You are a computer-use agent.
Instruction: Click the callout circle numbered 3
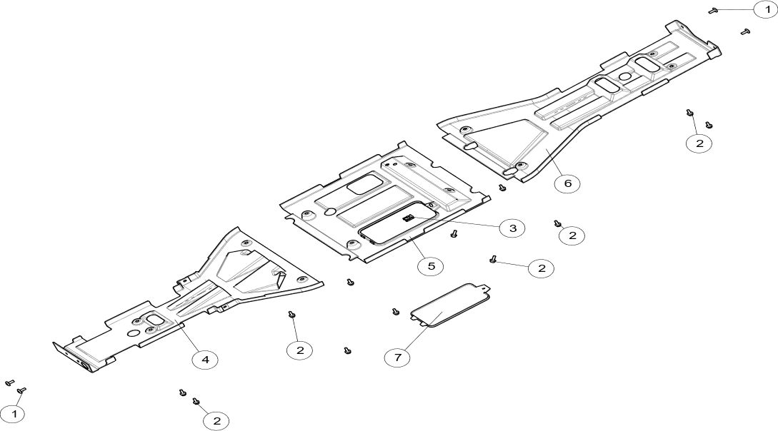click(512, 228)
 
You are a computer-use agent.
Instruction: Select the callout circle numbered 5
click(431, 266)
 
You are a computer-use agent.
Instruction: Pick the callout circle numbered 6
click(567, 184)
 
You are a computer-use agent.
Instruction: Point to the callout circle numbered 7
click(398, 356)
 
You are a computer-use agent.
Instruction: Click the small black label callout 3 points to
click(409, 218)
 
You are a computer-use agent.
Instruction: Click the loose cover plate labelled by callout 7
click(450, 305)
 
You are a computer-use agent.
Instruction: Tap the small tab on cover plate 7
click(486, 285)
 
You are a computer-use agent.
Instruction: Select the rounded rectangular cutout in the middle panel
click(364, 183)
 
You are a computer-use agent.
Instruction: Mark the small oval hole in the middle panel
click(330, 211)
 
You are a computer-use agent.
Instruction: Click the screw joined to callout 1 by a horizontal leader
click(713, 10)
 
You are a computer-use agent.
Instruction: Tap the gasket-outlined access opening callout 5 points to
click(398, 223)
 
